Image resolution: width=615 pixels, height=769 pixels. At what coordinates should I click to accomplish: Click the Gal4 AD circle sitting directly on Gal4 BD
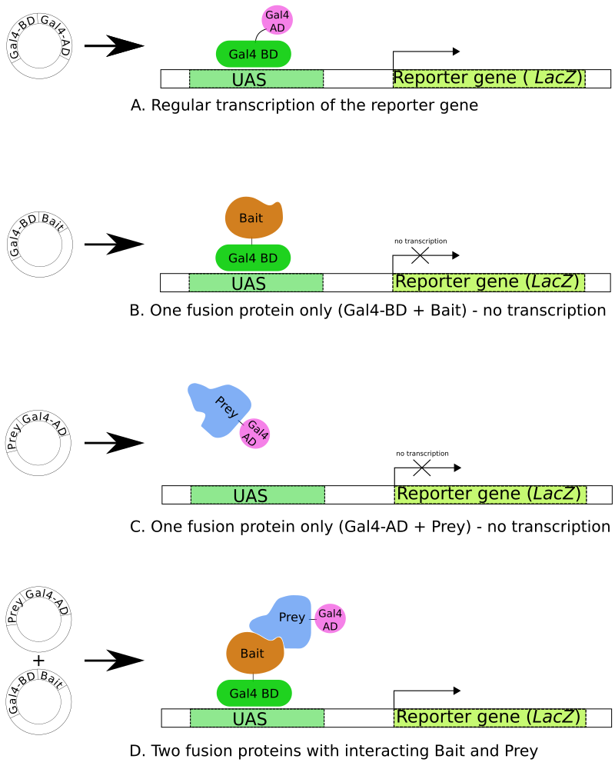click(277, 20)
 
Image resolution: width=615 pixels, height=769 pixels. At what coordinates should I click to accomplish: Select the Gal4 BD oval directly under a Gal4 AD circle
click(253, 54)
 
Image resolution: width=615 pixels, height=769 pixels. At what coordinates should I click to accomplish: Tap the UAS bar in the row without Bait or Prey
click(256, 79)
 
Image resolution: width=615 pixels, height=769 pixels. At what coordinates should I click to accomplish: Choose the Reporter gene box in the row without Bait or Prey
click(489, 78)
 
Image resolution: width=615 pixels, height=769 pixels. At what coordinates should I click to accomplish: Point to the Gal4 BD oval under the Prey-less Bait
click(253, 258)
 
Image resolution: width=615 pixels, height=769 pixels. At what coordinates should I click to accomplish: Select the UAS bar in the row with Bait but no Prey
click(256, 283)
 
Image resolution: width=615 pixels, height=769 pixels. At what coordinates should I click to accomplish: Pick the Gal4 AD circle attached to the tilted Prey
click(254, 434)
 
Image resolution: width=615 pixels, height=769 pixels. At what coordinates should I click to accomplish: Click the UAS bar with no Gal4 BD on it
click(258, 495)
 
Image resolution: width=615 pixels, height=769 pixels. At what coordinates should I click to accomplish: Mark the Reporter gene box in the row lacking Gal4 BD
click(490, 494)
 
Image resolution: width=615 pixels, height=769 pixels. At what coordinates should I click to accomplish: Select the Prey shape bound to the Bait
click(290, 618)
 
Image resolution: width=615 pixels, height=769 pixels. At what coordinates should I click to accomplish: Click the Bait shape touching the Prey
click(254, 653)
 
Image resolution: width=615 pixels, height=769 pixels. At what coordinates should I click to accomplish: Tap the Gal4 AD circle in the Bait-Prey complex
click(330, 619)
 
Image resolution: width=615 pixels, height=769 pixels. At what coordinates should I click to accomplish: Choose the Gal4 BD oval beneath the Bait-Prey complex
click(254, 693)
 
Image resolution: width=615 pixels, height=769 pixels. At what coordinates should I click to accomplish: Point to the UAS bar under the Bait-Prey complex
click(257, 718)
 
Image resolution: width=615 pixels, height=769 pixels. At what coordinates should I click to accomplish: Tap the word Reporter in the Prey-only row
click(427, 494)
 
